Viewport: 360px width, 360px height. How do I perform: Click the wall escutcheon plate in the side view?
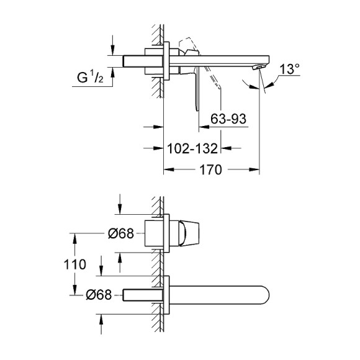[x=166, y=61]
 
